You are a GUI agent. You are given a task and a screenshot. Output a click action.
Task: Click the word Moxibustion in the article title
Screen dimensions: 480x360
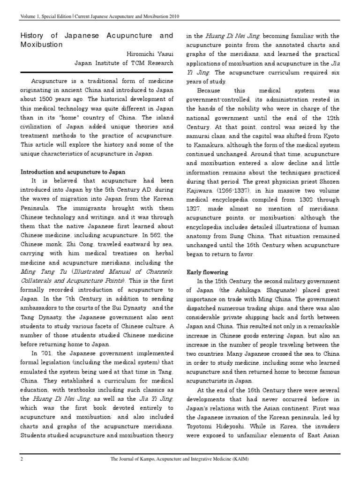[x=42, y=45]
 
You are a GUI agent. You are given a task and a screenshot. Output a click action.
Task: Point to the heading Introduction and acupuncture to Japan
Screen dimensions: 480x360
[x=72, y=172]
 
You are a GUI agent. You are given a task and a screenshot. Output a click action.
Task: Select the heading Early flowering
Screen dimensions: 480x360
[x=208, y=272]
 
